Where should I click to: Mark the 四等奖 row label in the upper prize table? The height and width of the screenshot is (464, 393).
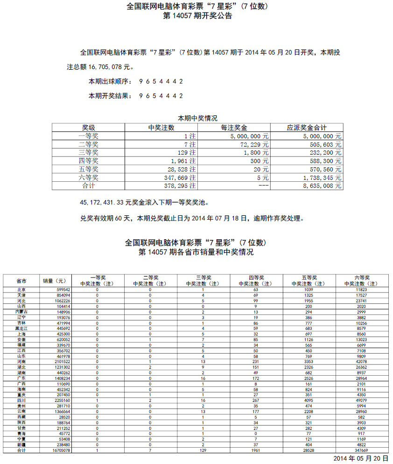89,161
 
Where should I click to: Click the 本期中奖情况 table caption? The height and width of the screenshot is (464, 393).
197,118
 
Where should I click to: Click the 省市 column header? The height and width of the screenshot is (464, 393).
21,281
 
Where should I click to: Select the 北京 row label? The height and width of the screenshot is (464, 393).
21,290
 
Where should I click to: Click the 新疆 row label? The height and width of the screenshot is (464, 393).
21,444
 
